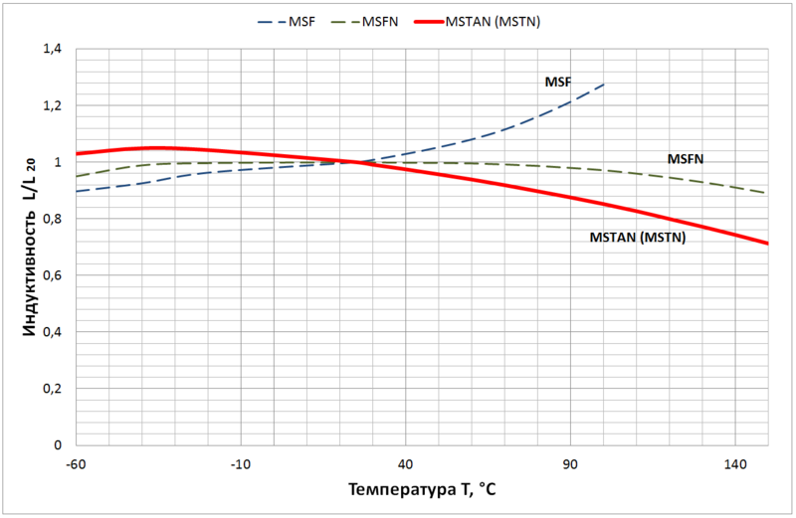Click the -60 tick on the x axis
point(76,465)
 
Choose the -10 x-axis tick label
point(241,465)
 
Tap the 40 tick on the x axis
point(406,465)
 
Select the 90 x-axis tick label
point(571,465)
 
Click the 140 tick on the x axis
point(735,465)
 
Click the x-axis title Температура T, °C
point(422,491)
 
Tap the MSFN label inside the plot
point(687,158)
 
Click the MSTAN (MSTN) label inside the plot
point(638,238)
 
